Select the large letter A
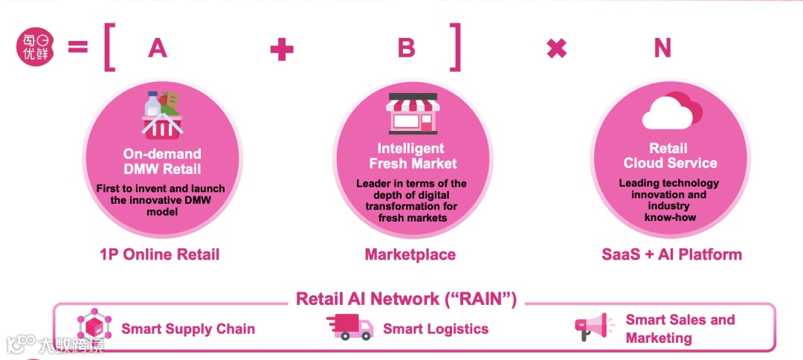coord(157,48)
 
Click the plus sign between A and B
coord(281,49)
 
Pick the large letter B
coord(406,48)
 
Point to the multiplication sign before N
coord(556,49)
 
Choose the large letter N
coord(662,48)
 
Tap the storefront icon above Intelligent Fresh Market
coord(412,113)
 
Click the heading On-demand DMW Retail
coord(161,161)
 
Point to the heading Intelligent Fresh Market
coord(411,155)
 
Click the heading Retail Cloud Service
coord(670,155)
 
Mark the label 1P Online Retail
coord(159,254)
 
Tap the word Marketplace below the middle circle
coord(410,254)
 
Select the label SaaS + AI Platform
coord(671,254)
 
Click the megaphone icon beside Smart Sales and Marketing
coord(593,327)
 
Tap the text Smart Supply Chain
coord(188,329)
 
